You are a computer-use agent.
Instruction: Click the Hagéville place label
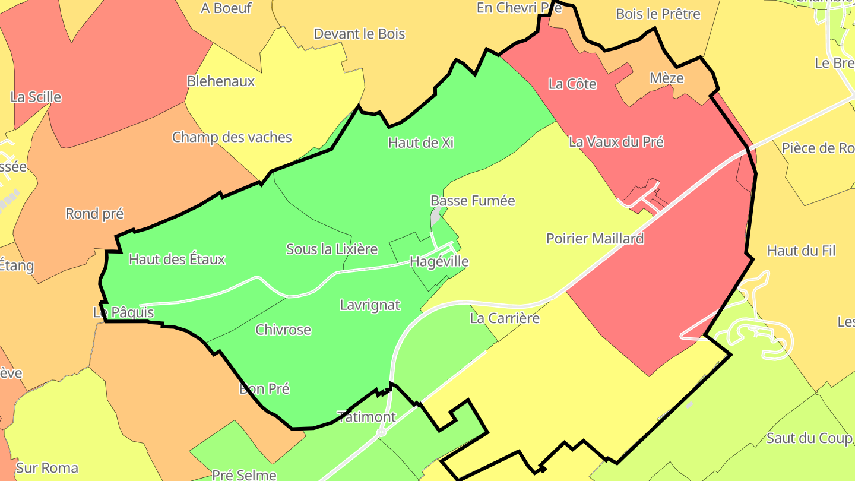[x=439, y=261]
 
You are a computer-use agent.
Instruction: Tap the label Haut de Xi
[x=420, y=143]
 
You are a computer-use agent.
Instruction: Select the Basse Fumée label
[x=473, y=201]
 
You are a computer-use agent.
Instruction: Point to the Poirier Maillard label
[x=595, y=239]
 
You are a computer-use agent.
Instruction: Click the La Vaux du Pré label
[x=616, y=142]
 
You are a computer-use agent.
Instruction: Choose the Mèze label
[x=666, y=78]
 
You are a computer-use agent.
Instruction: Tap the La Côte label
[x=572, y=84]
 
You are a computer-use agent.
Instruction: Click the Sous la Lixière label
[x=332, y=249]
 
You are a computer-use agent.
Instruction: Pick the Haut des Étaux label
[x=177, y=259]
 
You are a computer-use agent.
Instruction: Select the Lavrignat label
[x=370, y=305]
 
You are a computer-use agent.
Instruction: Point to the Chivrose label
[x=283, y=330]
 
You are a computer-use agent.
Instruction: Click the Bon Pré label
[x=264, y=389]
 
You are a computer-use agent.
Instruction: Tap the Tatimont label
[x=366, y=417]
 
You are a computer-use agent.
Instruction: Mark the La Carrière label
[x=505, y=318]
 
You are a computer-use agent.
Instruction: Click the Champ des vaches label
[x=232, y=137]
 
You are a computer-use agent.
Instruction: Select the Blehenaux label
[x=220, y=81]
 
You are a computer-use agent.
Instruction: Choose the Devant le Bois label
[x=359, y=34]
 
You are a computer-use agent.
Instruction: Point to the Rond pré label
[x=94, y=214]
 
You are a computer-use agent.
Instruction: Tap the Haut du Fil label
[x=801, y=251]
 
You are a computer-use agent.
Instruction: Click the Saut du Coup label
[x=809, y=438]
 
